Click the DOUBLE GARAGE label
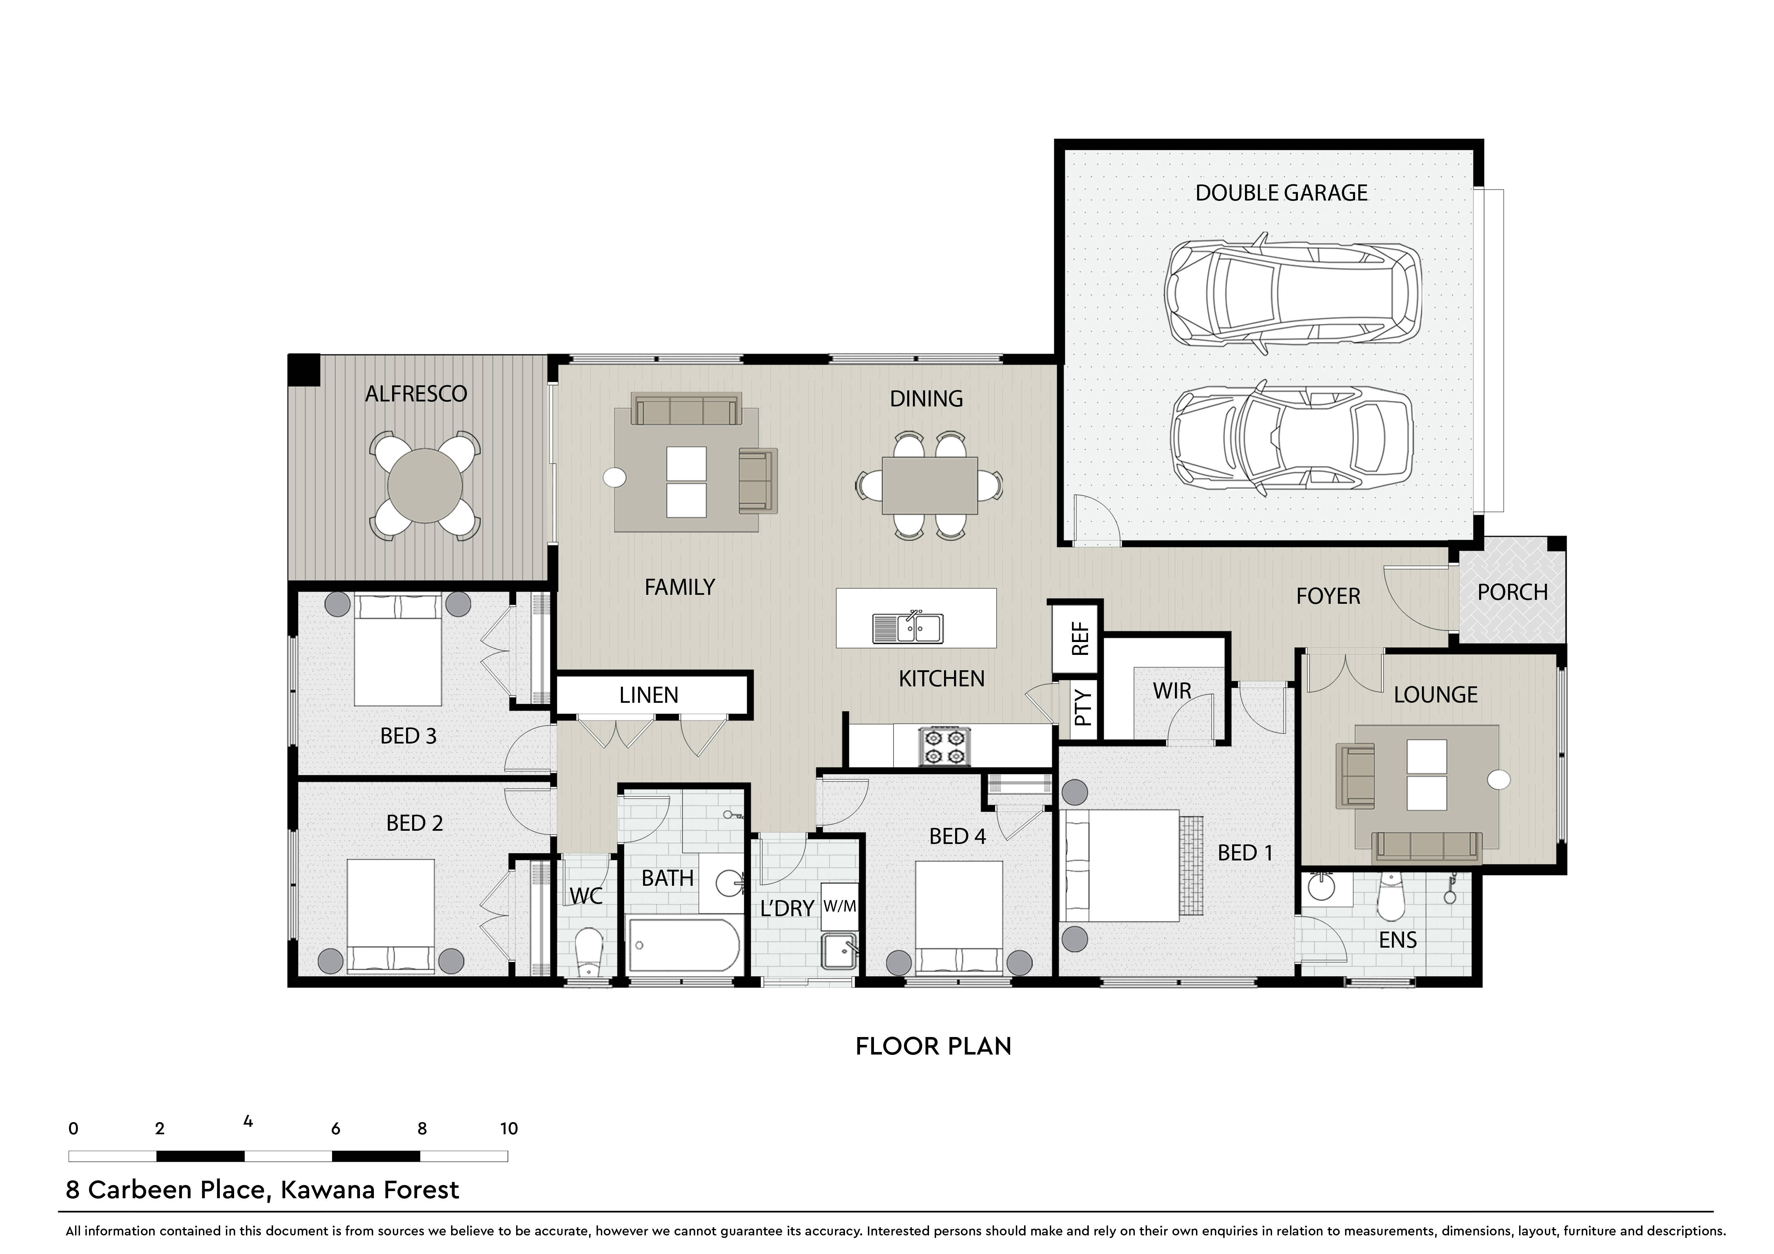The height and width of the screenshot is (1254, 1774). pyautogui.click(x=1281, y=193)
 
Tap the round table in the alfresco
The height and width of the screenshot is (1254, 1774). pyautogui.click(x=425, y=485)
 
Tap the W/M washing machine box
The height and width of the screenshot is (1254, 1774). pyautogui.click(x=840, y=905)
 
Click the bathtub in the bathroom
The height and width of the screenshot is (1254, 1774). pyautogui.click(x=684, y=945)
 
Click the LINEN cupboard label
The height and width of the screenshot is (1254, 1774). pyautogui.click(x=649, y=695)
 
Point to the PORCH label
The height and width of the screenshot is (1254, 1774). pyautogui.click(x=1513, y=593)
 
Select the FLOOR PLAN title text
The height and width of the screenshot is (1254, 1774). pyautogui.click(x=933, y=1046)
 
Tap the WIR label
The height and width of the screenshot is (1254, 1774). pyautogui.click(x=1172, y=691)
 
